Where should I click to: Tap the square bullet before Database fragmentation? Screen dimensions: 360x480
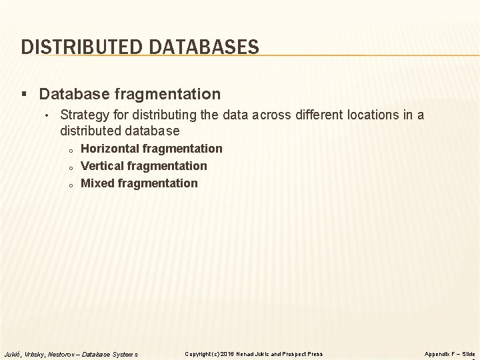[x=26, y=94]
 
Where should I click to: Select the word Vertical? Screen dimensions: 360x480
[x=102, y=166]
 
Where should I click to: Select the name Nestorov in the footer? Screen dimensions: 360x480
[x=65, y=353]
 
